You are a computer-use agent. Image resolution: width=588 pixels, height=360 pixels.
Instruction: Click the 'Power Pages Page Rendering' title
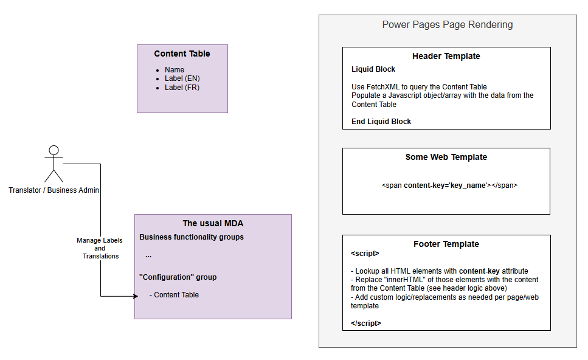(x=448, y=25)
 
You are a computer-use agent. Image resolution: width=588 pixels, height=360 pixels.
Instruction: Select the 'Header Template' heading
(x=446, y=56)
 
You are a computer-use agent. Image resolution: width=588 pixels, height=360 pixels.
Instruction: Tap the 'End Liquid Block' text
(x=381, y=122)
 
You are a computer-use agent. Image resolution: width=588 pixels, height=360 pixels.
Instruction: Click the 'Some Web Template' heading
(x=446, y=157)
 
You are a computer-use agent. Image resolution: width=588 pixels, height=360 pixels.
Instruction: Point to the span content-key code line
(x=449, y=185)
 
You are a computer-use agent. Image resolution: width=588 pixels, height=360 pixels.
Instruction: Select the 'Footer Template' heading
(x=446, y=244)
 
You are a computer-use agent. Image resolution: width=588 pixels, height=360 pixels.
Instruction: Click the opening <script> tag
(x=365, y=254)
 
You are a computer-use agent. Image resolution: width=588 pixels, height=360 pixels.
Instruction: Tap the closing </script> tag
(x=365, y=324)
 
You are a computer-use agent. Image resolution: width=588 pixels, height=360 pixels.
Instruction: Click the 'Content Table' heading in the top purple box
(x=182, y=54)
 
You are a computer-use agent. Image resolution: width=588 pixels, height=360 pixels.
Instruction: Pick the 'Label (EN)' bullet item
(x=182, y=78)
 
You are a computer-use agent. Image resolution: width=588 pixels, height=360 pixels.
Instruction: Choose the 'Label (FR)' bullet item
(x=182, y=88)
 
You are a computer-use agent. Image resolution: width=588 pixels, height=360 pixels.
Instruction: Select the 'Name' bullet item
(x=175, y=70)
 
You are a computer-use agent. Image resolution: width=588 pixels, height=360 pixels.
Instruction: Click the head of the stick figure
(x=54, y=150)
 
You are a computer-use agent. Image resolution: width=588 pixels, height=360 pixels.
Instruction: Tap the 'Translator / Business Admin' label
(x=54, y=190)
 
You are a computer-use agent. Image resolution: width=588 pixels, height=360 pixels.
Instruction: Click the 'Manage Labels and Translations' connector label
(x=100, y=248)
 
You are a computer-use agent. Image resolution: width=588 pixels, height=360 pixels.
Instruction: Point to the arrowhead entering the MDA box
(x=136, y=296)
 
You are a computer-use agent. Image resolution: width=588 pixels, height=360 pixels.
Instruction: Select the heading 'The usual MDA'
(x=213, y=224)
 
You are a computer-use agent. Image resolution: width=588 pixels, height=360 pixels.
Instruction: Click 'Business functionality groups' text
(x=192, y=237)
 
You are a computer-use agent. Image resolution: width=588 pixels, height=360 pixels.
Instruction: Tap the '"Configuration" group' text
(x=178, y=277)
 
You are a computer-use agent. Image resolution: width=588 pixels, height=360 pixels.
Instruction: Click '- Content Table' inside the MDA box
(x=174, y=295)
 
